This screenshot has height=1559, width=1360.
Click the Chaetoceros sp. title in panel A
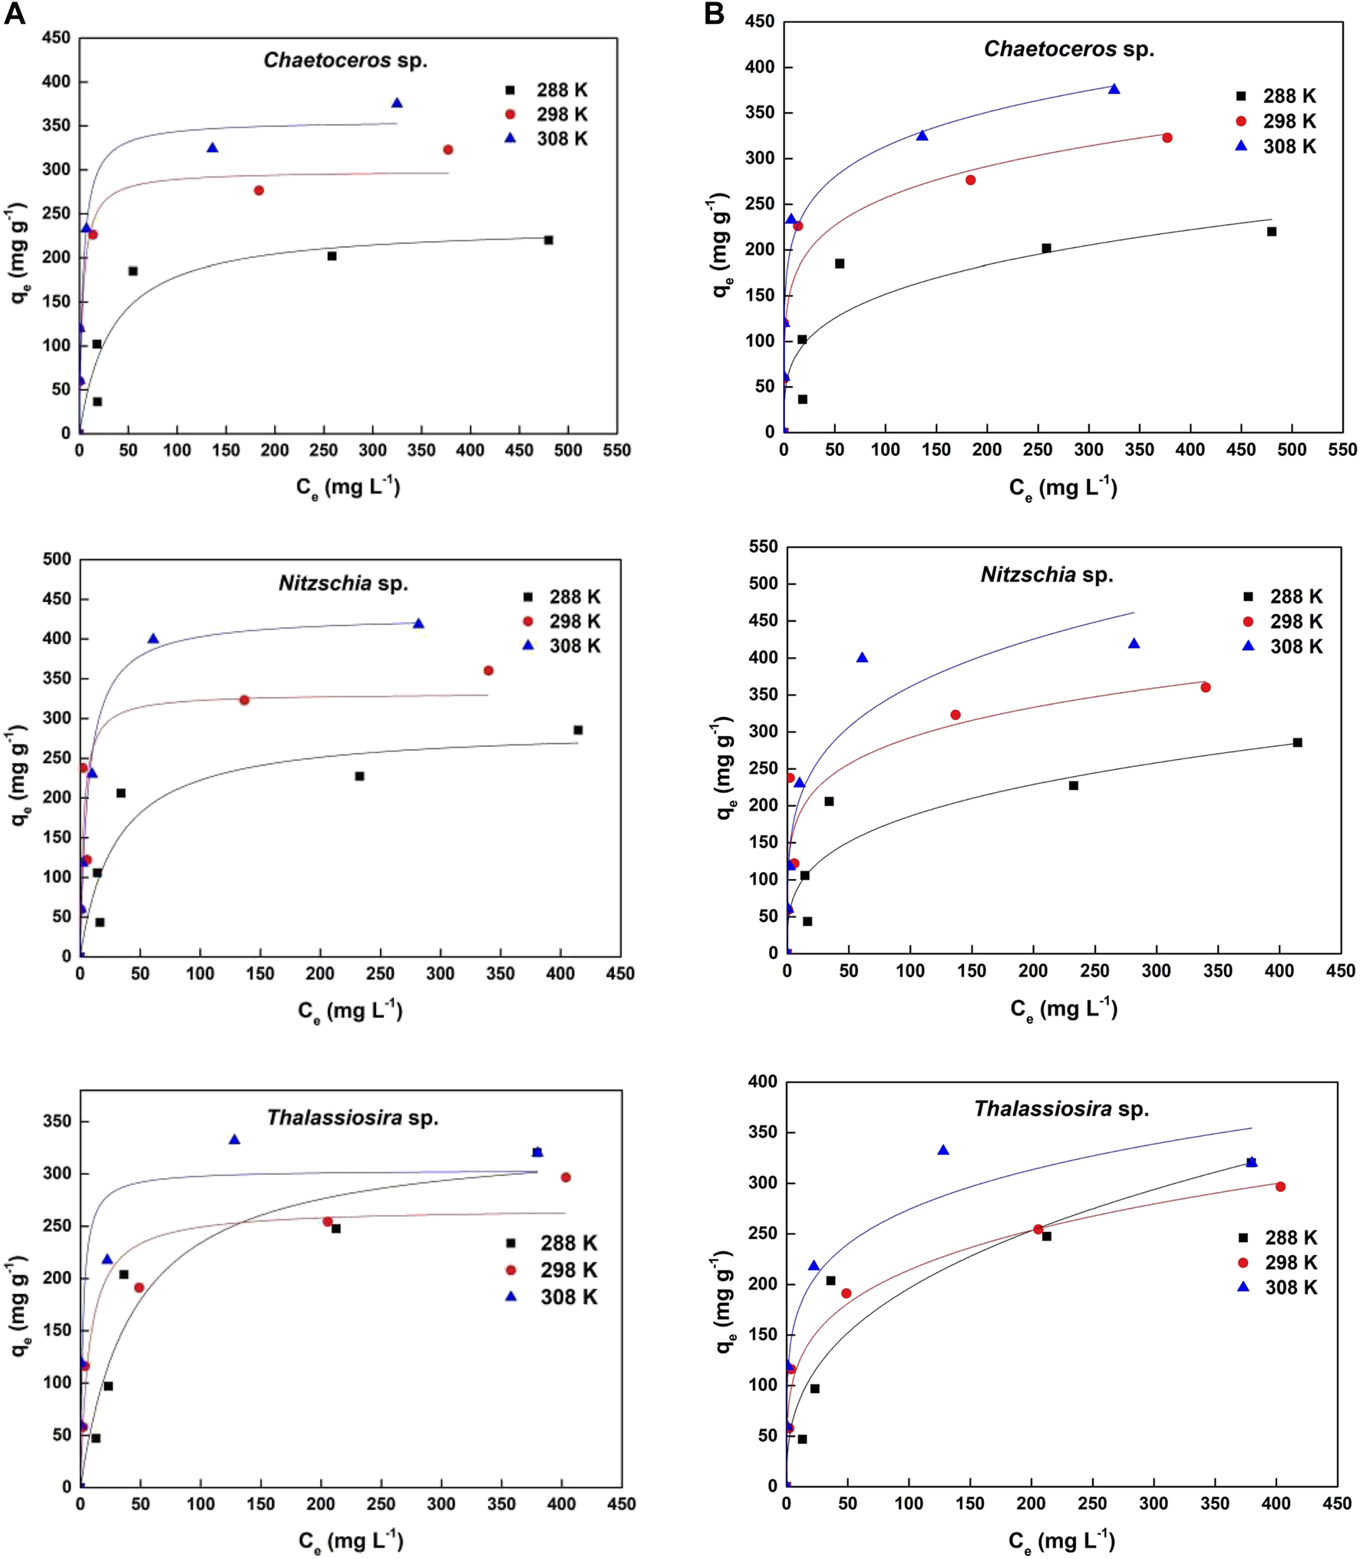click(x=345, y=61)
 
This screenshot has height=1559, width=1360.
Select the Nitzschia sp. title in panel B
click(x=1047, y=575)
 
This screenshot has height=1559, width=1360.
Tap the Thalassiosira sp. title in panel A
click(x=352, y=1118)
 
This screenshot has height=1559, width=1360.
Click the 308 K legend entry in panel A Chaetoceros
click(x=548, y=139)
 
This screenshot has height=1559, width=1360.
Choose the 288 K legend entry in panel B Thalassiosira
click(x=1278, y=1238)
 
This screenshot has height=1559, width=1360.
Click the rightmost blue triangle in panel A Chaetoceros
click(x=397, y=103)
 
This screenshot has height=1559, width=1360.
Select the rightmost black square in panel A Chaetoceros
click(x=548, y=240)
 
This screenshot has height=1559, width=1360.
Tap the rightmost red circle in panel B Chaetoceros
click(x=1167, y=138)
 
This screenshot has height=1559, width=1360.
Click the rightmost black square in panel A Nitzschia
click(x=578, y=730)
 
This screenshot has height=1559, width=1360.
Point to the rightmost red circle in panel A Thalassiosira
click(x=566, y=1178)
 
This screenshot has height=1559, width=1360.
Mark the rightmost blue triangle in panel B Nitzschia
click(x=1134, y=644)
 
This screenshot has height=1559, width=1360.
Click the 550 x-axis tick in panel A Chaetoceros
click(x=617, y=451)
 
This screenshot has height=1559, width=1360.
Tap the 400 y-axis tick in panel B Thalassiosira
click(x=761, y=1082)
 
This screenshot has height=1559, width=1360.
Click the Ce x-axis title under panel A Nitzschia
click(x=350, y=1011)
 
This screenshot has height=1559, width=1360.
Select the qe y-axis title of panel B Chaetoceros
click(x=721, y=246)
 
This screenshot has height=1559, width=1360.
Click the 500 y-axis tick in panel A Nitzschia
click(x=57, y=560)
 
